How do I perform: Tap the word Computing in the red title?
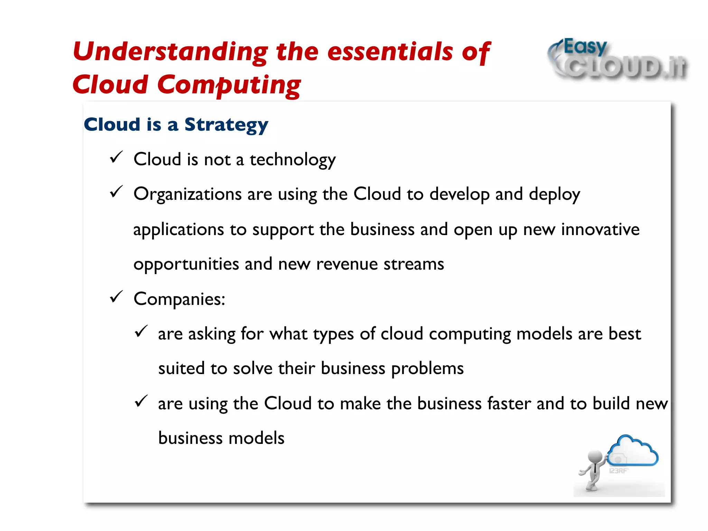pyautogui.click(x=229, y=85)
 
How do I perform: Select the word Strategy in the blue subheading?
pyautogui.click(x=226, y=125)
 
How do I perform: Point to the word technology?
pyautogui.click(x=292, y=160)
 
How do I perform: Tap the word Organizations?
pyautogui.click(x=187, y=195)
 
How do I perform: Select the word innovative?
pyautogui.click(x=600, y=230)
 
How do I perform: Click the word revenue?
pyautogui.click(x=347, y=264)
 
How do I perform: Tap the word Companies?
pyautogui.click(x=179, y=299)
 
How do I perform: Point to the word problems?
pyautogui.click(x=427, y=369)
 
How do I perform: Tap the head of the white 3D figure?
pyautogui.click(x=595, y=457)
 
